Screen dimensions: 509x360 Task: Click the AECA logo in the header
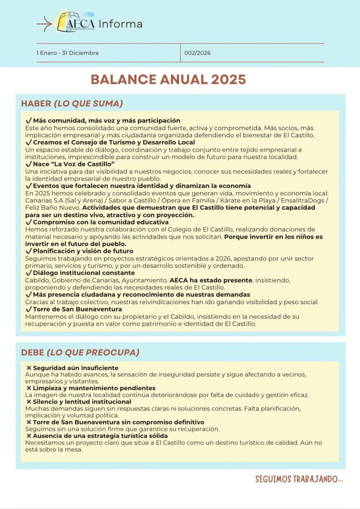pyautogui.click(x=76, y=21)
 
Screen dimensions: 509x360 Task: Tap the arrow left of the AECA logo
pyautogui.click(x=44, y=23)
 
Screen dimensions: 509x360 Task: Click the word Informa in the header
pyautogui.click(x=120, y=24)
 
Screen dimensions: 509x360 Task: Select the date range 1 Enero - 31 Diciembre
pyautogui.click(x=67, y=53)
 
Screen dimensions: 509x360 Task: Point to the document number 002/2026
pyautogui.click(x=197, y=53)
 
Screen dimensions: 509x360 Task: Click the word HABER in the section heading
pyautogui.click(x=36, y=103)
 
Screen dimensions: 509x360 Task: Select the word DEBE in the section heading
pyautogui.click(x=32, y=352)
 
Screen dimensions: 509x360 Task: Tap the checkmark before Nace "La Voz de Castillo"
pyautogui.click(x=28, y=164)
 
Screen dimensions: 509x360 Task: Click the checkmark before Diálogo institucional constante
pyautogui.click(x=28, y=273)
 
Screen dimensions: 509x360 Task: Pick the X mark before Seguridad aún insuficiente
pyautogui.click(x=28, y=368)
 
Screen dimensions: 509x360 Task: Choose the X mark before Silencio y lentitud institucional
pyautogui.click(x=28, y=402)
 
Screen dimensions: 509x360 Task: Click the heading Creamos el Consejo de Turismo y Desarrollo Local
pyautogui.click(x=114, y=143)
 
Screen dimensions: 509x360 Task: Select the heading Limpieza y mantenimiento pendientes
pyautogui.click(x=94, y=388)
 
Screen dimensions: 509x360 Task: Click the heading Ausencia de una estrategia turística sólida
pyautogui.click(x=100, y=436)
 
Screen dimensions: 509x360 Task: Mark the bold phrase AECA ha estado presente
pyautogui.click(x=211, y=280)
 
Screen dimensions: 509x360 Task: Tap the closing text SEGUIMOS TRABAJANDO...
pyautogui.click(x=299, y=479)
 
